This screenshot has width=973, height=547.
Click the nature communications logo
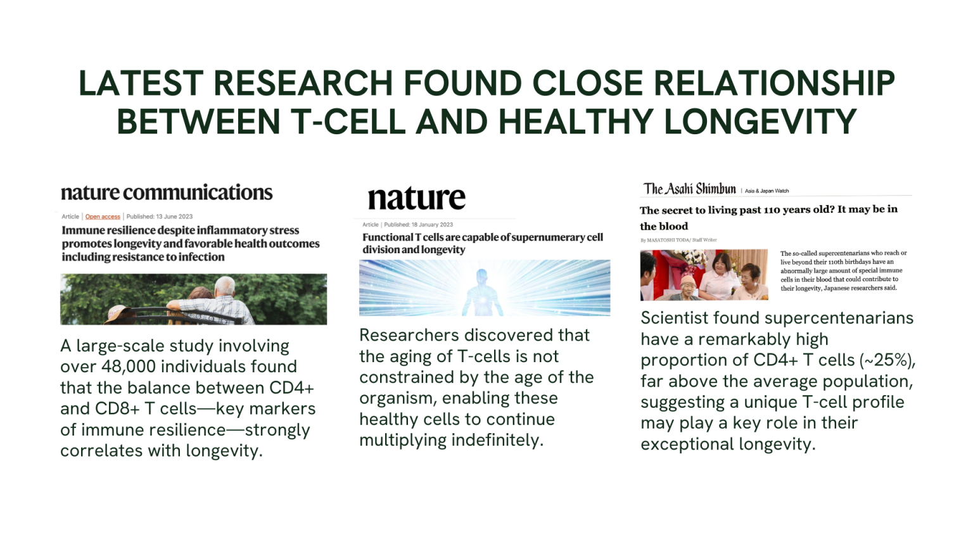tap(167, 192)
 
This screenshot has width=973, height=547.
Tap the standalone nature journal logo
tap(417, 198)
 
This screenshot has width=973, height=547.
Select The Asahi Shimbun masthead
tap(689, 189)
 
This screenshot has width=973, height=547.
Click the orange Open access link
tap(103, 217)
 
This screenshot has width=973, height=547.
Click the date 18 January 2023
tap(432, 225)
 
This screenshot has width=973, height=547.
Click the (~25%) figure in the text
tap(887, 360)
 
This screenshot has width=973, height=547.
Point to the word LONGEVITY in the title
tap(760, 122)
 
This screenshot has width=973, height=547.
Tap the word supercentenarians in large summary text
tap(839, 318)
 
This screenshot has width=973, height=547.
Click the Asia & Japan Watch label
tap(766, 191)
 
